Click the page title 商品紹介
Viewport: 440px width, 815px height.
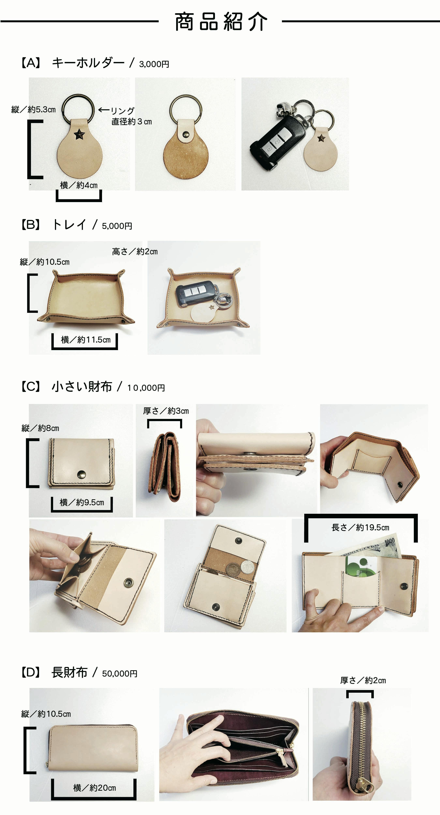point(221,21)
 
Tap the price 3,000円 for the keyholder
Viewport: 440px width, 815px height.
point(154,64)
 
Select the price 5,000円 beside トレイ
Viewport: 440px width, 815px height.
point(117,226)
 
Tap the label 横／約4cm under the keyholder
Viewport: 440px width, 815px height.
point(79,185)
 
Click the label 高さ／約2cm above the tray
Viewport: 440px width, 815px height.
point(135,252)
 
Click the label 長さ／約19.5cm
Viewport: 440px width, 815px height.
point(360,527)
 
